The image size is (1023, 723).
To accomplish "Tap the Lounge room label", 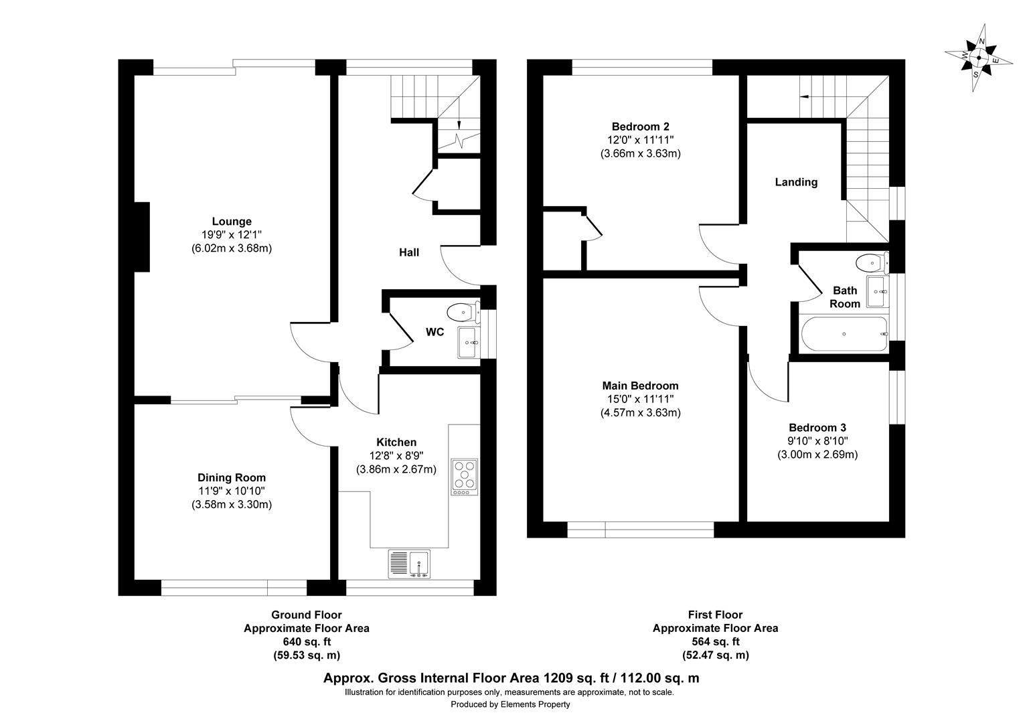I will click(x=232, y=222).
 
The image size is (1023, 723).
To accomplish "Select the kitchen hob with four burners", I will click(x=465, y=475).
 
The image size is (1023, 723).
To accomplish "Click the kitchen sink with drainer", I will click(x=410, y=564).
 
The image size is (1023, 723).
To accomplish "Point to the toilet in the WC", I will click(x=462, y=312).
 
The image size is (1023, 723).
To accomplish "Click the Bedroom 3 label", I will click(x=817, y=428).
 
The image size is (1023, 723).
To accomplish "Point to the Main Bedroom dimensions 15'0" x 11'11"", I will click(x=640, y=399).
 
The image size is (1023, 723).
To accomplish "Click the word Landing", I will click(x=796, y=182).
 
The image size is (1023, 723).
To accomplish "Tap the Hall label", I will click(x=409, y=252).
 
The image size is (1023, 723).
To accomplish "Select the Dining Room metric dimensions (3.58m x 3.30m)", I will click(x=232, y=505).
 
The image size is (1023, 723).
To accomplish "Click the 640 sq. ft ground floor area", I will click(x=306, y=642).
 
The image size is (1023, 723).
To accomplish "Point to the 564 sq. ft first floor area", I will click(x=715, y=642).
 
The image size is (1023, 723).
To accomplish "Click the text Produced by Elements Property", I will click(x=510, y=704).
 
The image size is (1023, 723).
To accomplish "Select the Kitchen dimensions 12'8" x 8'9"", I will click(x=396, y=456).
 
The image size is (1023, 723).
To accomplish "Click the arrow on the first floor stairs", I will click(x=805, y=96).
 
